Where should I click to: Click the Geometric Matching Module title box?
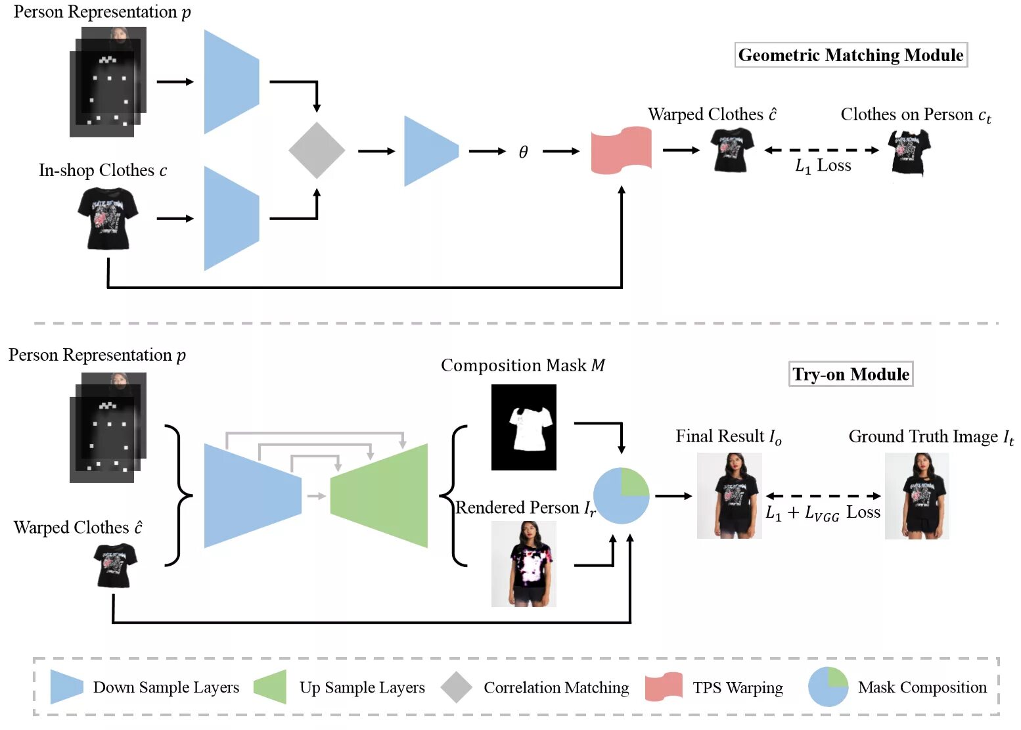[x=851, y=55]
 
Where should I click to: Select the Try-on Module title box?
[x=851, y=375]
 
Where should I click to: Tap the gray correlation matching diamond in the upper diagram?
[x=317, y=150]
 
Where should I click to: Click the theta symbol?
[x=523, y=152]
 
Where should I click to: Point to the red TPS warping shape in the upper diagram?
[x=621, y=150]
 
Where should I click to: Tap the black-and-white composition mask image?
[x=524, y=427]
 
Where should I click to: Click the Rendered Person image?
[x=524, y=564]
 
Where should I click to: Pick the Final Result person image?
[x=729, y=495]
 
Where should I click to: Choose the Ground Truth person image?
[x=917, y=496]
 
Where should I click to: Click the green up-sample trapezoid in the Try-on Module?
[x=379, y=495]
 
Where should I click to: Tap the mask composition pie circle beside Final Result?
[x=621, y=495]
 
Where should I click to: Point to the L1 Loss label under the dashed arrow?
[x=823, y=166]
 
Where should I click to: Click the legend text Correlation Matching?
[x=556, y=687]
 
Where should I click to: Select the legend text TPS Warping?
[x=737, y=687]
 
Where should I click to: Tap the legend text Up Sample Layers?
[x=362, y=687]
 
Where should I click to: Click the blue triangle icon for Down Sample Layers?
[x=66, y=687]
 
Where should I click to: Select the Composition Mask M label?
[x=522, y=365]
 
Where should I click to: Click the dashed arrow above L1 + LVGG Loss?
[x=823, y=496]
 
